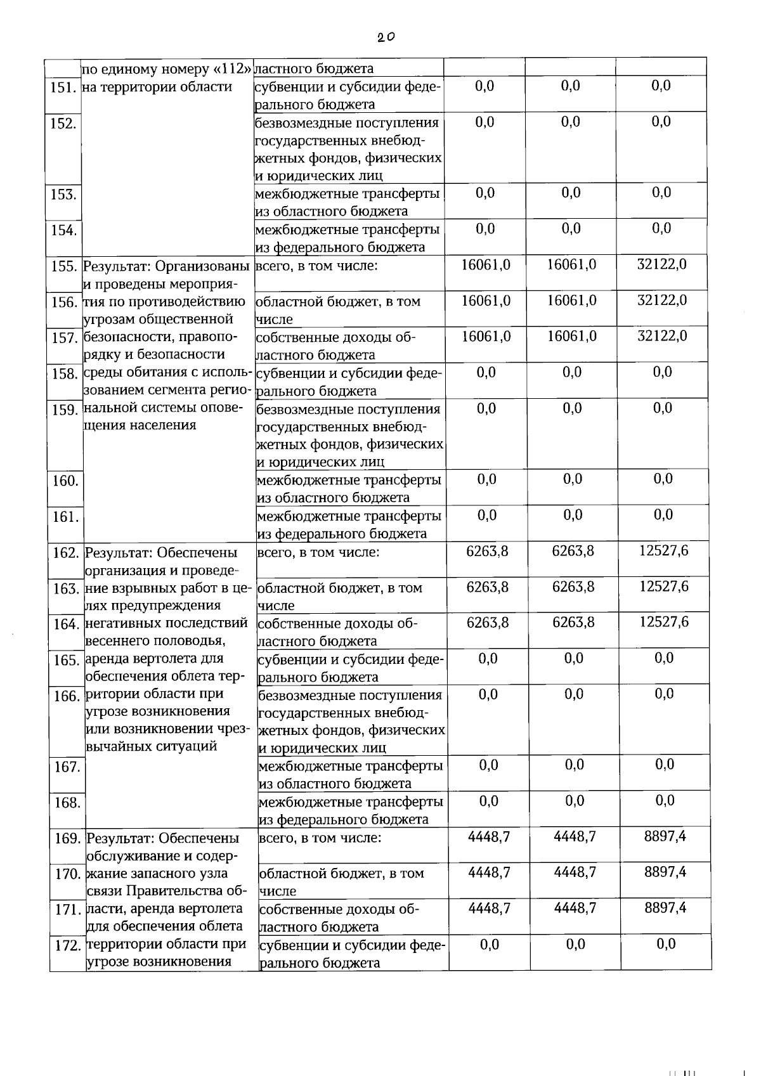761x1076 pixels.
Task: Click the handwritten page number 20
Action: coord(384,37)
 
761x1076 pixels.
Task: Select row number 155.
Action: coord(63,266)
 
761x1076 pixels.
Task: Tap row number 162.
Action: coord(65,553)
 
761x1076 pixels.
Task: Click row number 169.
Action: coord(67,839)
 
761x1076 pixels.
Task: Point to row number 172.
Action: coord(67,946)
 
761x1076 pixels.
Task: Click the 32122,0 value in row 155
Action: coord(661,264)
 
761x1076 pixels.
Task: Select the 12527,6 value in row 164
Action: coord(663,622)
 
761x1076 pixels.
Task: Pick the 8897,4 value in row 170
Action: coord(665,872)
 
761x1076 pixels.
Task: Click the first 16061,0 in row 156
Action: coord(486,301)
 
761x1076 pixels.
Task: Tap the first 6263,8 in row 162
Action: coord(487,551)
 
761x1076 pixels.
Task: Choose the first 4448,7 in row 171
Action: coord(489,908)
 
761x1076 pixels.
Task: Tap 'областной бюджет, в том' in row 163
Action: coord(340,588)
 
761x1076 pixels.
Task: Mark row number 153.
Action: coord(63,195)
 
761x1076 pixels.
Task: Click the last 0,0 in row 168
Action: coord(665,801)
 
